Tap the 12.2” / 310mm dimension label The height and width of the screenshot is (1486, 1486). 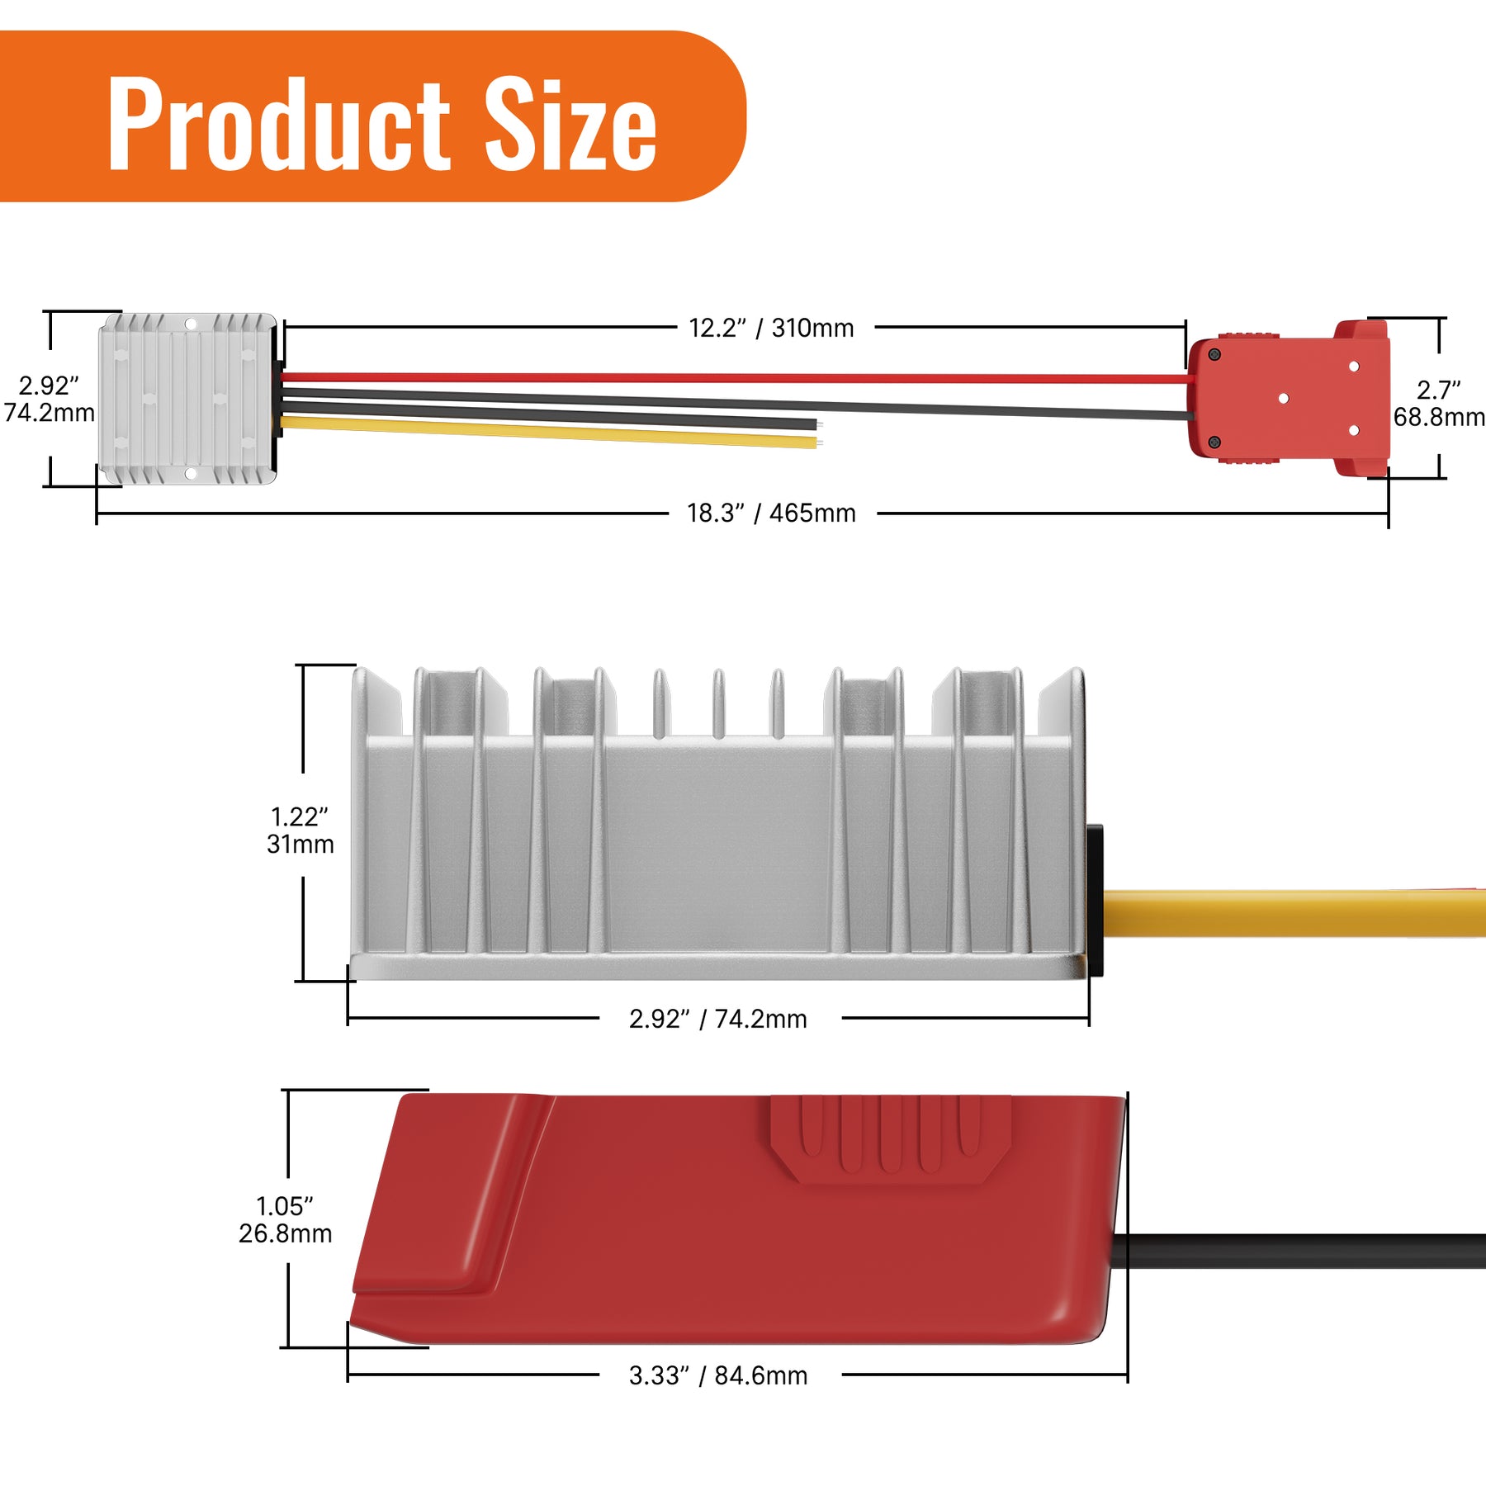(x=771, y=328)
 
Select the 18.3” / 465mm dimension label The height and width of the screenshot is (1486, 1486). (x=771, y=513)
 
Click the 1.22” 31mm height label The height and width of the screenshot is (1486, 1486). (x=300, y=830)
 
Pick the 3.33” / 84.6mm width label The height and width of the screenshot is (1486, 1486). (x=717, y=1375)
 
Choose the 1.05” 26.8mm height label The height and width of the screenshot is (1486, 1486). (x=285, y=1219)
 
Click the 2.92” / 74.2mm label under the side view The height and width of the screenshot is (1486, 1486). (x=717, y=1019)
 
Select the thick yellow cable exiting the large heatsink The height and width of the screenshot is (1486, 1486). (x=1296, y=912)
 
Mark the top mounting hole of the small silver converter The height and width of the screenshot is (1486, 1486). (x=190, y=324)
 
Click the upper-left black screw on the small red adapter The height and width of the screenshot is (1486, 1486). (x=1214, y=354)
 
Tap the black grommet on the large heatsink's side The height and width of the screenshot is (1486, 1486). (x=1095, y=900)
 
